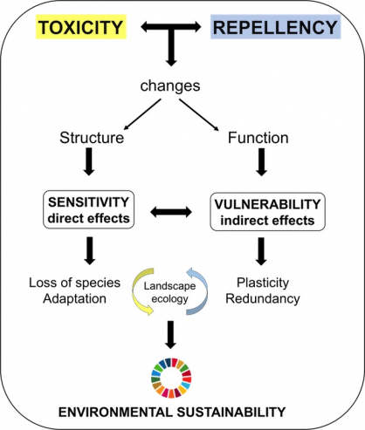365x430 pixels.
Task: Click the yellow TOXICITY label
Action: pos(81,27)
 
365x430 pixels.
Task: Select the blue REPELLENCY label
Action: pos(275,27)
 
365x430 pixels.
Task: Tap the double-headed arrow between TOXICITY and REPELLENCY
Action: pos(171,27)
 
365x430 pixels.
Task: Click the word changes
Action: pos(170,86)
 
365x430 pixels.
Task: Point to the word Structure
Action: pos(92,138)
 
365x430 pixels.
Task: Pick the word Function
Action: pos(258,138)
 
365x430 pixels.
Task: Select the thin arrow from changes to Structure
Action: pos(142,114)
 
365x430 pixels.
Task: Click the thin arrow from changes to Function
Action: pos(199,115)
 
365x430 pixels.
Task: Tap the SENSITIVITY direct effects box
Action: pos(89,209)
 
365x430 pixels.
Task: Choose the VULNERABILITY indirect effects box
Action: pos(267,212)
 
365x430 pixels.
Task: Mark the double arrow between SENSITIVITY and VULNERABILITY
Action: pos(171,212)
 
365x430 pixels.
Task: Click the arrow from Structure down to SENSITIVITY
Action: pos(89,161)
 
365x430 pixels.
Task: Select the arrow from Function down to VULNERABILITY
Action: pos(261,162)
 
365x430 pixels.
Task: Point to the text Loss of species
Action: pos(74,283)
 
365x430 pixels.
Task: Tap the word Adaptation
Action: pos(74,299)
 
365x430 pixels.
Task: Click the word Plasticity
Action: pos(263,283)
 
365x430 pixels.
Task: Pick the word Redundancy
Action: pos(263,298)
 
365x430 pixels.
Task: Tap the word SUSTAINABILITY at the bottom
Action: pos(231,412)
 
